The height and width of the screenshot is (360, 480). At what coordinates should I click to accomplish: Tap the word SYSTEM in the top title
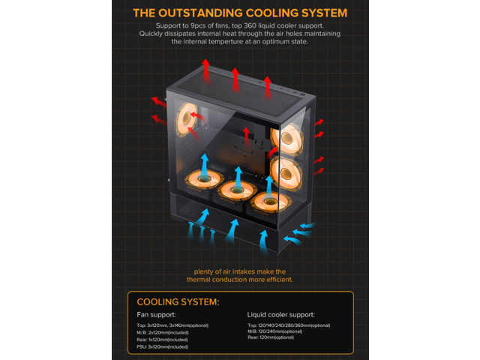point(321,13)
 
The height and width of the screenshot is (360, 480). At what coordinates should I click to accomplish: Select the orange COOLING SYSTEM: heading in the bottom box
point(178,301)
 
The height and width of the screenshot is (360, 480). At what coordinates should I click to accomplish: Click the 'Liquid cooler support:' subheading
point(280,315)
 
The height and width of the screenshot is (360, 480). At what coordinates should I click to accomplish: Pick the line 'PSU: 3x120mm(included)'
point(163,347)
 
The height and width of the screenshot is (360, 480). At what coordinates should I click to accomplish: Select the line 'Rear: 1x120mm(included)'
point(163,340)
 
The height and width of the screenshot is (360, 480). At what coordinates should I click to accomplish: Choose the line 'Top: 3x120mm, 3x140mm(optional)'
point(172,325)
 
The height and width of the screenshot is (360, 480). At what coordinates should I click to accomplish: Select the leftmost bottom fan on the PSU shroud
point(201,180)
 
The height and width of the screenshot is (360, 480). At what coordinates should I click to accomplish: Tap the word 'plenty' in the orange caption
point(205,271)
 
